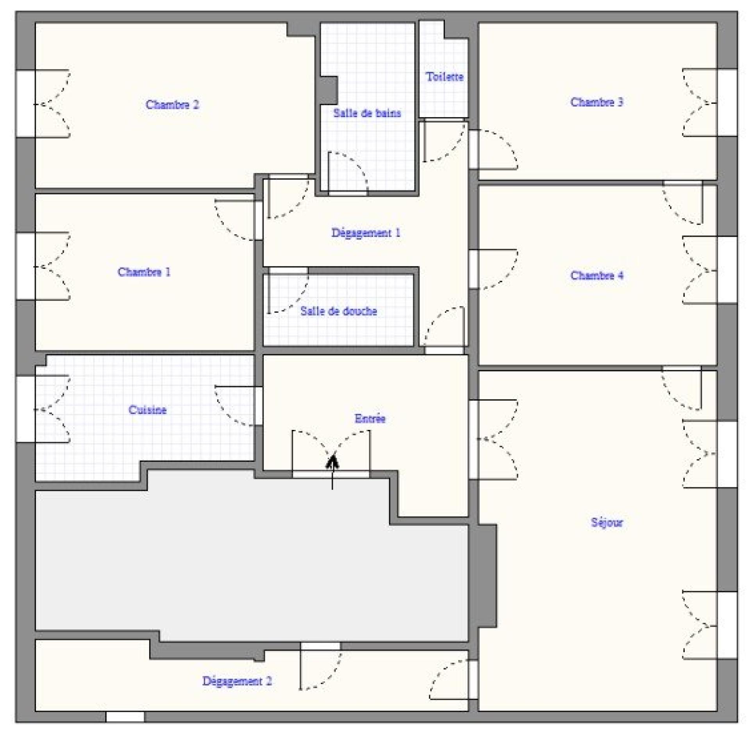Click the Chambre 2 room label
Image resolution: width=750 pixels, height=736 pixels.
[172, 105]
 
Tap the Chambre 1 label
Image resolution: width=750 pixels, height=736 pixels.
[144, 272]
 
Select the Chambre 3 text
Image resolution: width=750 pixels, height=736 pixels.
[596, 102]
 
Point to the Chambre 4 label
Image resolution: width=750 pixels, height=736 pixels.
[596, 275]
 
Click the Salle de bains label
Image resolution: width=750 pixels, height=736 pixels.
[367, 113]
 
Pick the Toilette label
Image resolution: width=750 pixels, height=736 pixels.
[445, 77]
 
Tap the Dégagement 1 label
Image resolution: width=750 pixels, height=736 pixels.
[366, 233]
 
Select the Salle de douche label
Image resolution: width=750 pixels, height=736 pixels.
[339, 311]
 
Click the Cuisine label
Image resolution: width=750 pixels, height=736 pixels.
[148, 410]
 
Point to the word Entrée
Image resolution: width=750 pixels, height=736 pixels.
[370, 419]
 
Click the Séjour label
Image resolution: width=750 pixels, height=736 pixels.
[607, 522]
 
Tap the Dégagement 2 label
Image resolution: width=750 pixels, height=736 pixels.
[237, 681]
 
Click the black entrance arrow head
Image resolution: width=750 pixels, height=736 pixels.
[332, 462]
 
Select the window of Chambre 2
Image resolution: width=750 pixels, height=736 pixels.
[25, 104]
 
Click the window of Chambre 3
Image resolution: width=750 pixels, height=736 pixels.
[727, 103]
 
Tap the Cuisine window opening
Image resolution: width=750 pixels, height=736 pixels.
[25, 409]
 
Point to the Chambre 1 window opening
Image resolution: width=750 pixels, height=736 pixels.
[25, 266]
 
